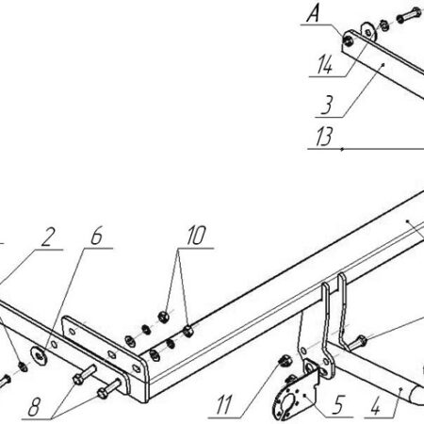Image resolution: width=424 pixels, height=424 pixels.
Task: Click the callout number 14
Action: pyautogui.click(x=324, y=65)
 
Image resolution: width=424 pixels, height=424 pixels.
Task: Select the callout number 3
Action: pyautogui.click(x=327, y=106)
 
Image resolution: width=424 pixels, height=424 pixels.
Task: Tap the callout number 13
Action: pyautogui.click(x=324, y=137)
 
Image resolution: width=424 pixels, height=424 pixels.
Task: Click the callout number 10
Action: pyautogui.click(x=196, y=236)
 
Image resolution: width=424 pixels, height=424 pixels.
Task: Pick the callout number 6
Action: pyautogui.click(x=96, y=236)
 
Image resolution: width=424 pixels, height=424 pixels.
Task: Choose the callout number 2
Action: pyautogui.click(x=48, y=236)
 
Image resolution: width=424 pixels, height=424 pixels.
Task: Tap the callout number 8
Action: pyautogui.click(x=34, y=407)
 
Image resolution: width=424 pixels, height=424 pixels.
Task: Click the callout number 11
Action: pyautogui.click(x=224, y=405)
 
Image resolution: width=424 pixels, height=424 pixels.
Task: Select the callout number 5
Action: pyautogui.click(x=338, y=405)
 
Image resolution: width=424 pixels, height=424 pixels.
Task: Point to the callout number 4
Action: pyautogui.click(x=376, y=406)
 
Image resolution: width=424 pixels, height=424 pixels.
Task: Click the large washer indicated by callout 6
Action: pyautogui.click(x=39, y=355)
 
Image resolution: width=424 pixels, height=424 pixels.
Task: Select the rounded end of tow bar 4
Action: pyautogui.click(x=417, y=395)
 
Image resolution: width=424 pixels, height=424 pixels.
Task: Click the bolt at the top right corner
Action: pyautogui.click(x=409, y=15)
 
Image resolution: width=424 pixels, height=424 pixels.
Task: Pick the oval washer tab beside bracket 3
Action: pyautogui.click(x=368, y=31)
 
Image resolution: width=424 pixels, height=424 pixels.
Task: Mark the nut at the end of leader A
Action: pyautogui.click(x=348, y=41)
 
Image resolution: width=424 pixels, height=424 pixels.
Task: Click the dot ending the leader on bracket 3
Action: pyautogui.click(x=383, y=64)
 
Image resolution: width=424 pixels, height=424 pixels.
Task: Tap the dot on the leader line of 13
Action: pyautogui.click(x=342, y=149)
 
